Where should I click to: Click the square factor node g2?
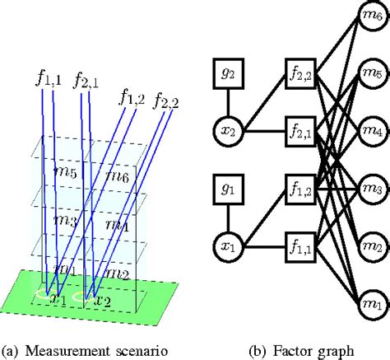(227, 72)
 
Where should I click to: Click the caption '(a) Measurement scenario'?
(86, 350)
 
